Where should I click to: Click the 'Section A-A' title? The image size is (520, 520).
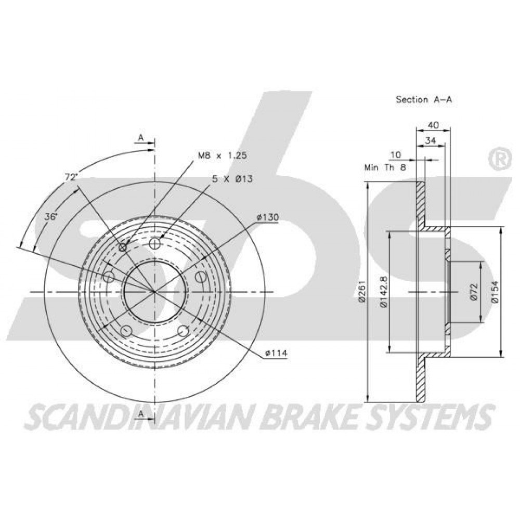pyautogui.click(x=423, y=99)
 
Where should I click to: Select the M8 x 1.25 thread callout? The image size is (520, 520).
pyautogui.click(x=222, y=155)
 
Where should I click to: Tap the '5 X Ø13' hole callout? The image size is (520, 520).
pyautogui.click(x=232, y=179)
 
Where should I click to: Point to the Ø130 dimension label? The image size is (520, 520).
pyautogui.click(x=268, y=217)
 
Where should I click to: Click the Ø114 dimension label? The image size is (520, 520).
pyautogui.click(x=276, y=354)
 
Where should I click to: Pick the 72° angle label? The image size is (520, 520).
pyautogui.click(x=71, y=177)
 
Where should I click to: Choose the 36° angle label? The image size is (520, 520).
pyautogui.click(x=51, y=217)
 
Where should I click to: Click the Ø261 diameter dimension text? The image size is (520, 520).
pyautogui.click(x=361, y=292)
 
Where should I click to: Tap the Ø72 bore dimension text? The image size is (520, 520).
pyautogui.click(x=474, y=292)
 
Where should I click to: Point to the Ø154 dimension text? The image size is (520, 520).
pyautogui.click(x=495, y=292)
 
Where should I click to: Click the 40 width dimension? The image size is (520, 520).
pyautogui.click(x=434, y=125)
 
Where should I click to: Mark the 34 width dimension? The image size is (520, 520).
pyautogui.click(x=431, y=140)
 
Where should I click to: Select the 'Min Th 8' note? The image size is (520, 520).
pyautogui.click(x=385, y=167)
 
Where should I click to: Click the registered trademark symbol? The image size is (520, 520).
pyautogui.click(x=499, y=160)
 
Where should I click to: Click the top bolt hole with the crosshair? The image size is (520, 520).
pyautogui.click(x=154, y=244)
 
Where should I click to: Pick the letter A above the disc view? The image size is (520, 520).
pyautogui.click(x=141, y=137)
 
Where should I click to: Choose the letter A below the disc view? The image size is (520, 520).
pyautogui.click(x=141, y=413)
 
